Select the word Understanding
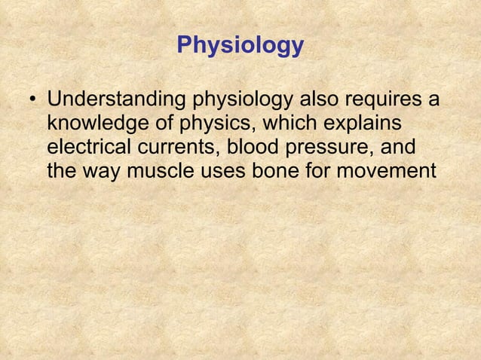coord(118,100)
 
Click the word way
coord(103,172)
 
